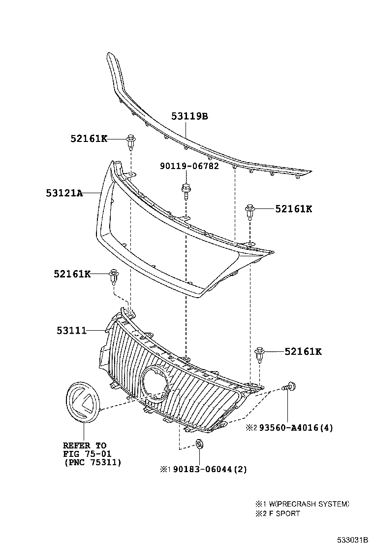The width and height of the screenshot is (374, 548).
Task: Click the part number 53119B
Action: coord(189,116)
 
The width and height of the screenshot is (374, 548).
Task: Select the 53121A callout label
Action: coord(65,194)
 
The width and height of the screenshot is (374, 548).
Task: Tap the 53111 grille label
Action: coord(72,330)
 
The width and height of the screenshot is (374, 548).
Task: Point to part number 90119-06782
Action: coord(189,167)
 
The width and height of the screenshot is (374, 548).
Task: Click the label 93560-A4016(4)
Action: coord(294,427)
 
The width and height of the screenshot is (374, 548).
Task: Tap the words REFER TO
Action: coord(84,445)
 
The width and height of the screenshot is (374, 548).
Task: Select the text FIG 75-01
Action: coord(87,454)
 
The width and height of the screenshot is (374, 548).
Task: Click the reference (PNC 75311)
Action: coord(93,462)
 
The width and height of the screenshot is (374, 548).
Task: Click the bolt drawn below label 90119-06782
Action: coord(186,189)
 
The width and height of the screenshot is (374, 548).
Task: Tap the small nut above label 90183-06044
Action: coord(199,444)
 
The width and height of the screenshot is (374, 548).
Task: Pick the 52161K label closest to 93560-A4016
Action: coord(303,351)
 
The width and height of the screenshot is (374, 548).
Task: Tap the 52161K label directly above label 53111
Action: coord(72,274)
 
